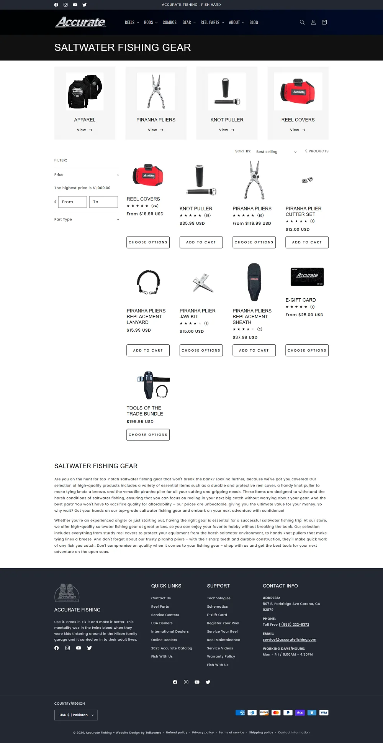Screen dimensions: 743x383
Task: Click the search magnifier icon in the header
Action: click(302, 22)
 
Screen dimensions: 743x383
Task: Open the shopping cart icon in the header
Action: click(324, 22)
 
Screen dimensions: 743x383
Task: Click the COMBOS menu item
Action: click(169, 23)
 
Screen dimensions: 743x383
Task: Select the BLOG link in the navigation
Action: click(254, 23)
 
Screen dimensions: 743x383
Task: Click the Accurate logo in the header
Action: click(81, 22)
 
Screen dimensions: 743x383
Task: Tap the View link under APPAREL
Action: click(84, 130)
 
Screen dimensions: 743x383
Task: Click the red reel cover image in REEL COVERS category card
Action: click(298, 92)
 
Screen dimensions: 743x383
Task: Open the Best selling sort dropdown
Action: click(276, 152)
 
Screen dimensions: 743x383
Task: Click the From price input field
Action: click(72, 202)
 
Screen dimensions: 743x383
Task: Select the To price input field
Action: click(103, 202)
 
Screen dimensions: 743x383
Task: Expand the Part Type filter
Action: click(87, 219)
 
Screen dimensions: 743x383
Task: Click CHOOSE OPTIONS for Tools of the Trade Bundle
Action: click(148, 435)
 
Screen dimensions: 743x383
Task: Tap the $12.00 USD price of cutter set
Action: click(298, 229)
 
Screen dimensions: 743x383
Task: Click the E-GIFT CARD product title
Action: click(301, 300)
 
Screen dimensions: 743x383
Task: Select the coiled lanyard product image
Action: click(148, 282)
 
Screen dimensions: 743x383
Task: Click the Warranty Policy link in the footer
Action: click(221, 656)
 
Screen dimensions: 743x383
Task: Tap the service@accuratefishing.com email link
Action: click(290, 639)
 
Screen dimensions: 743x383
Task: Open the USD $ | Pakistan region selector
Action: click(76, 715)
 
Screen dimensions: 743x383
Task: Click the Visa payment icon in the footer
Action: click(324, 713)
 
